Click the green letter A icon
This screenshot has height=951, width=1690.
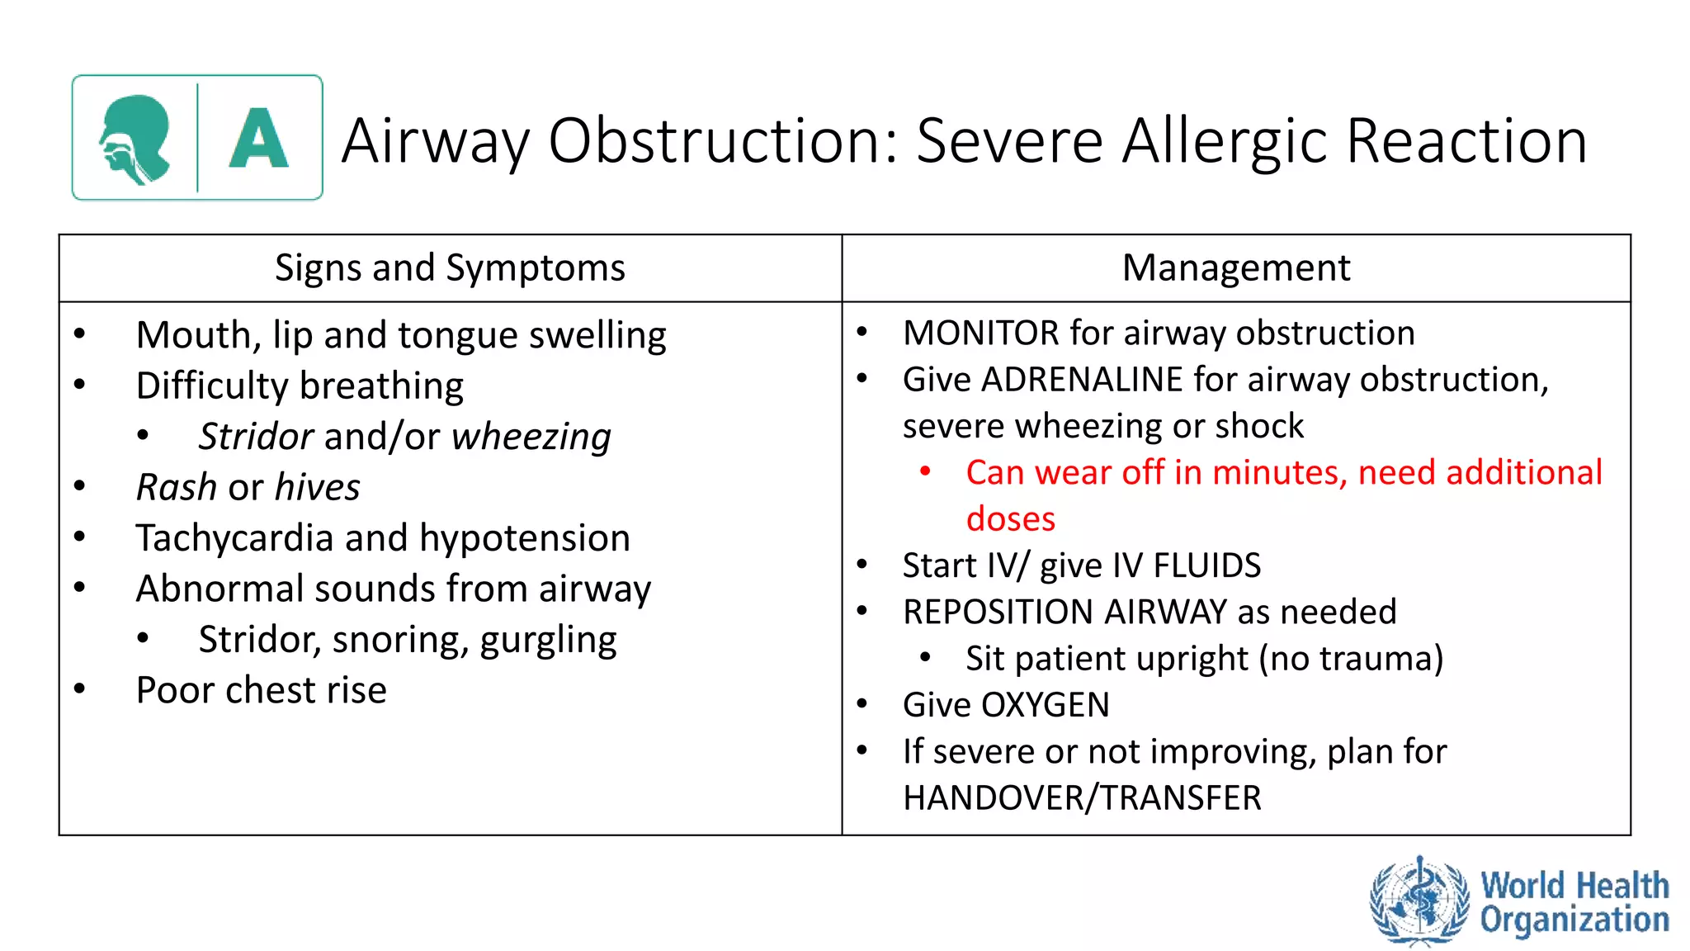coord(258,138)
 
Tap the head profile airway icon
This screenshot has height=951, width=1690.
coord(135,139)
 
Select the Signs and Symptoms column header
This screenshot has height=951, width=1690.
coord(450,268)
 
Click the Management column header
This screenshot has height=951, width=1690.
coord(1235,268)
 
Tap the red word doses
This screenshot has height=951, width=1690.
coord(1010,519)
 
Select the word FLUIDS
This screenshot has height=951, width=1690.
coord(1206,566)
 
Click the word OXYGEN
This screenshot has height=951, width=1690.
coord(1045,706)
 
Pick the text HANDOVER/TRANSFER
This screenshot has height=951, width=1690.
coord(1081,798)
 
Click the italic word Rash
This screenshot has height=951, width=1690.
coord(176,487)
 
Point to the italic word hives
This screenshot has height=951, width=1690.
coord(317,487)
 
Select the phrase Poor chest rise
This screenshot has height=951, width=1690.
coord(261,691)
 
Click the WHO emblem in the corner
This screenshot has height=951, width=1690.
coord(1419,901)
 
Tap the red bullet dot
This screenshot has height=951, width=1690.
coord(925,471)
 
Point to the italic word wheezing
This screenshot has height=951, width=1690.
coord(531,437)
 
